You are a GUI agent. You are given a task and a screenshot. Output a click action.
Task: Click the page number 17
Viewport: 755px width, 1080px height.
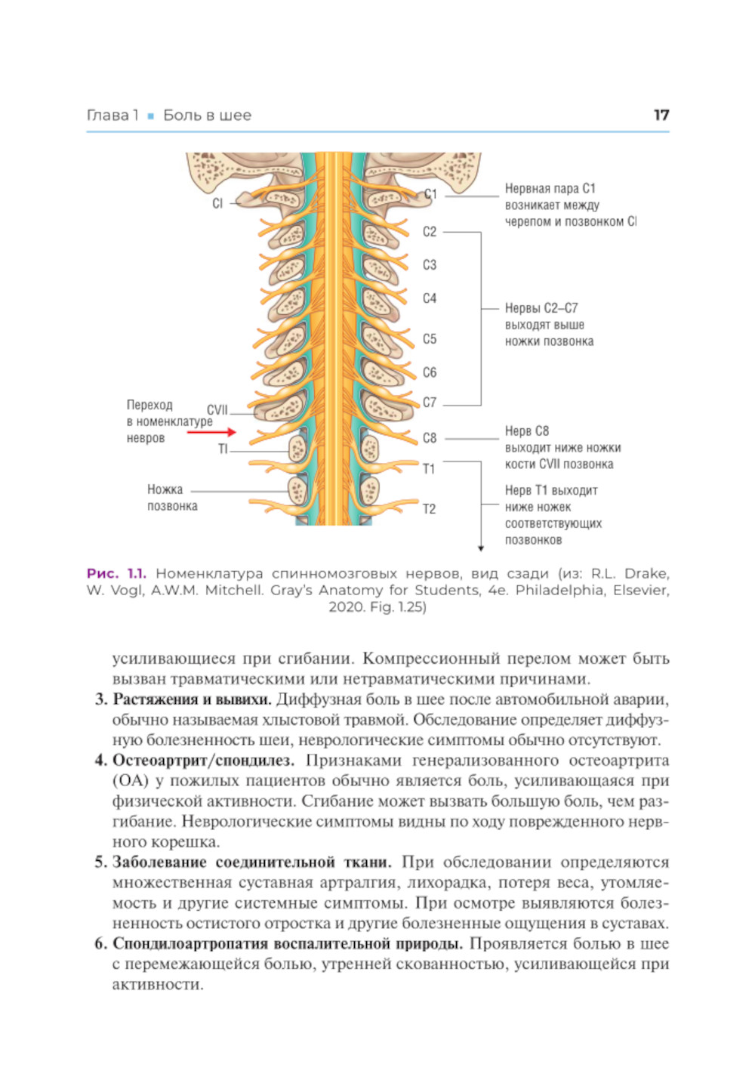pyautogui.click(x=661, y=115)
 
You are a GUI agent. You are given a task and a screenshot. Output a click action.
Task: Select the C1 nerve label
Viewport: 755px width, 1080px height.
pyautogui.click(x=430, y=194)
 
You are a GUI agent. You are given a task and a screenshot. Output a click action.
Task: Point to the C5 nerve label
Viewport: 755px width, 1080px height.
pyautogui.click(x=430, y=339)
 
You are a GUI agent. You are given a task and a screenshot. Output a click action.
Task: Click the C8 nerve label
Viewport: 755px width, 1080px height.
pyautogui.click(x=430, y=438)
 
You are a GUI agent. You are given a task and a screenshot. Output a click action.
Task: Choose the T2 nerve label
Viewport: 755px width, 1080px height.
pyautogui.click(x=429, y=509)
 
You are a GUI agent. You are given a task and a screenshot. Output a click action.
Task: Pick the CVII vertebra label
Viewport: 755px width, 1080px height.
pyautogui.click(x=217, y=410)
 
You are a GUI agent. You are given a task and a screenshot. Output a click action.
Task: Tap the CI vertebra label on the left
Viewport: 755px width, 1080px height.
pyautogui.click(x=217, y=203)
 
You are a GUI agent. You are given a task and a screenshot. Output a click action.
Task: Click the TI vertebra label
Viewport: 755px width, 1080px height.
pyautogui.click(x=223, y=449)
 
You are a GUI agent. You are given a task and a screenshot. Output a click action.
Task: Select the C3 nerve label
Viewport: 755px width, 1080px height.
pyautogui.click(x=430, y=265)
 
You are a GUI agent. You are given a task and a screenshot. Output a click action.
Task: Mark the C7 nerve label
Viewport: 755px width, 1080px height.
pyautogui.click(x=430, y=403)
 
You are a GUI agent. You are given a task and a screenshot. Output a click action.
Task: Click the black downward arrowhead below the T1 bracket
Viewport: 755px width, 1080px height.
pyautogui.click(x=481, y=548)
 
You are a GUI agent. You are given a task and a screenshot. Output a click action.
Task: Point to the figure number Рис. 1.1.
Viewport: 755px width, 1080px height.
pyautogui.click(x=116, y=574)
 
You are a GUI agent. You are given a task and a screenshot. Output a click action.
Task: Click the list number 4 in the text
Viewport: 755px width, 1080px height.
pyautogui.click(x=100, y=760)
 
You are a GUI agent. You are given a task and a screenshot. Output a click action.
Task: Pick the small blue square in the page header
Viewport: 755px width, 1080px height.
pyautogui.click(x=151, y=116)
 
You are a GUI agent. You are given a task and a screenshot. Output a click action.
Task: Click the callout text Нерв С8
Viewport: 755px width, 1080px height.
pyautogui.click(x=527, y=431)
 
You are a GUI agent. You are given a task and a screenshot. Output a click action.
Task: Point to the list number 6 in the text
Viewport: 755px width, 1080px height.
pyautogui.click(x=100, y=943)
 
